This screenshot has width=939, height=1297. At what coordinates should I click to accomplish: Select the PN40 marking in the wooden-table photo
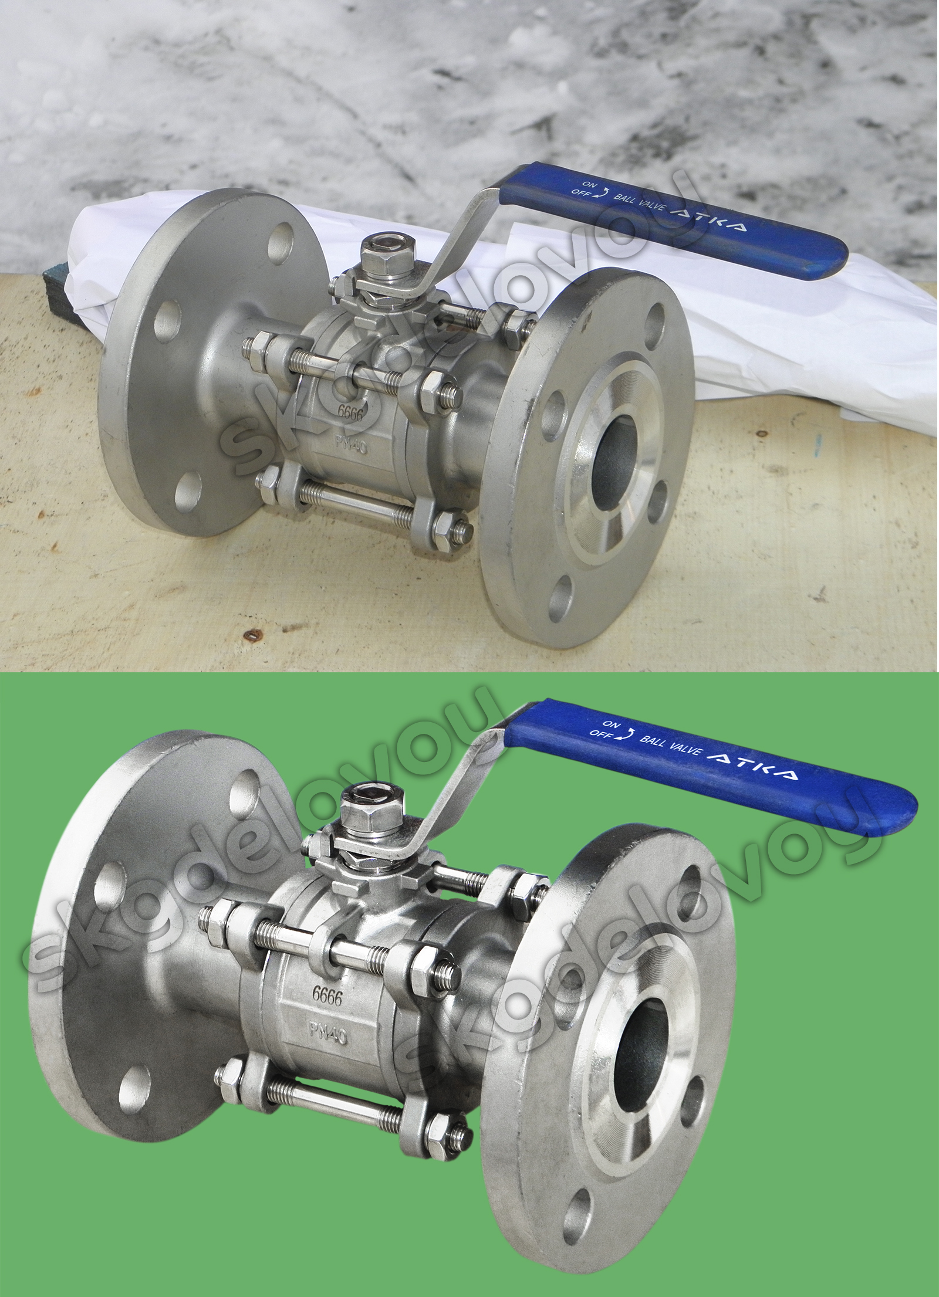tap(352, 444)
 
